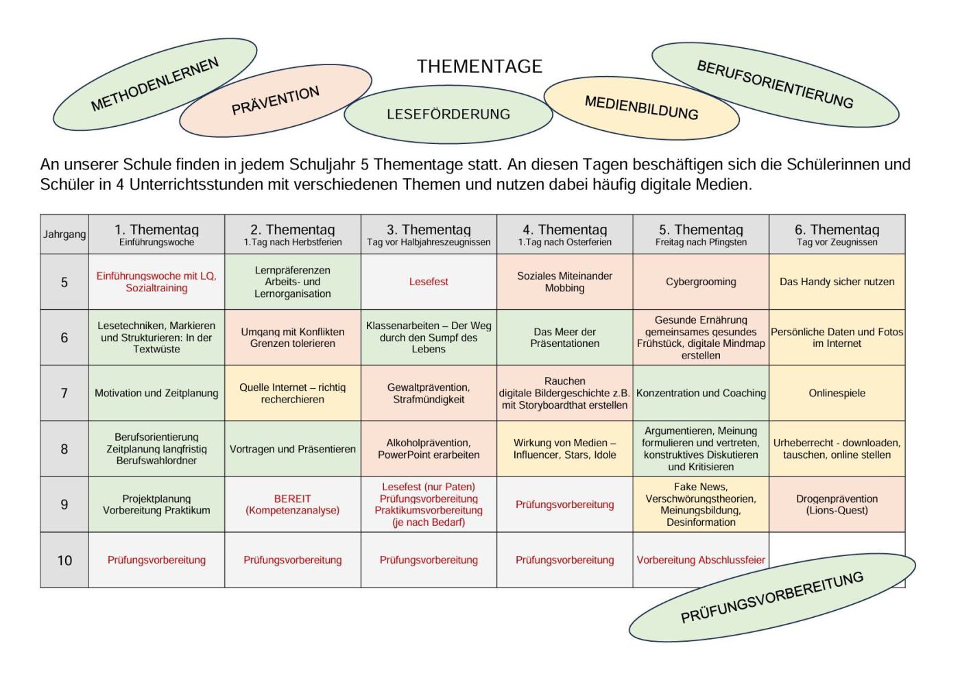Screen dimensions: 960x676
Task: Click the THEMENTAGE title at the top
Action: [x=479, y=67]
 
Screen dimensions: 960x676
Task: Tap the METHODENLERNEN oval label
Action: [x=155, y=84]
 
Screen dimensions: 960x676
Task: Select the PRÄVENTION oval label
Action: [x=276, y=101]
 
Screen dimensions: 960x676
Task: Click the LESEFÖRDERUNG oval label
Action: [x=448, y=114]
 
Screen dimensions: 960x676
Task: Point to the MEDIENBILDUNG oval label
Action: [x=642, y=108]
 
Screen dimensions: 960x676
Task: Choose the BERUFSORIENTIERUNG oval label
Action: [x=776, y=85]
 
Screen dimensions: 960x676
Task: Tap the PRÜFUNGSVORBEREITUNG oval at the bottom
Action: [x=772, y=597]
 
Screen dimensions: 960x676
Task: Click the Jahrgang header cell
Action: [x=64, y=234]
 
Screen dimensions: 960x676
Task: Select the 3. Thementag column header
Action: [x=429, y=234]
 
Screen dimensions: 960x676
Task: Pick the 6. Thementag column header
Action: [x=837, y=234]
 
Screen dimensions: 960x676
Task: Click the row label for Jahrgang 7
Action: [x=64, y=393]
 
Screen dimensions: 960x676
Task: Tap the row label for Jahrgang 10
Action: [x=64, y=560]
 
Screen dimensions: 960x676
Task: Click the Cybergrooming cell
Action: [x=701, y=282]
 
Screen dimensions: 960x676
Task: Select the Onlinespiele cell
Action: [x=837, y=393]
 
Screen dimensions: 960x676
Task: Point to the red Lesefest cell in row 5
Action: [x=429, y=282]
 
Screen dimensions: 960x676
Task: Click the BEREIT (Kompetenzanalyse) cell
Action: [x=293, y=504]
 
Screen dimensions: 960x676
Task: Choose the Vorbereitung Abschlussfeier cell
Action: [x=701, y=560]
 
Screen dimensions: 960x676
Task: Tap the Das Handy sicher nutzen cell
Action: [x=837, y=282]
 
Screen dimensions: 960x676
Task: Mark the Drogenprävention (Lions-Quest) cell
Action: [x=837, y=504]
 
